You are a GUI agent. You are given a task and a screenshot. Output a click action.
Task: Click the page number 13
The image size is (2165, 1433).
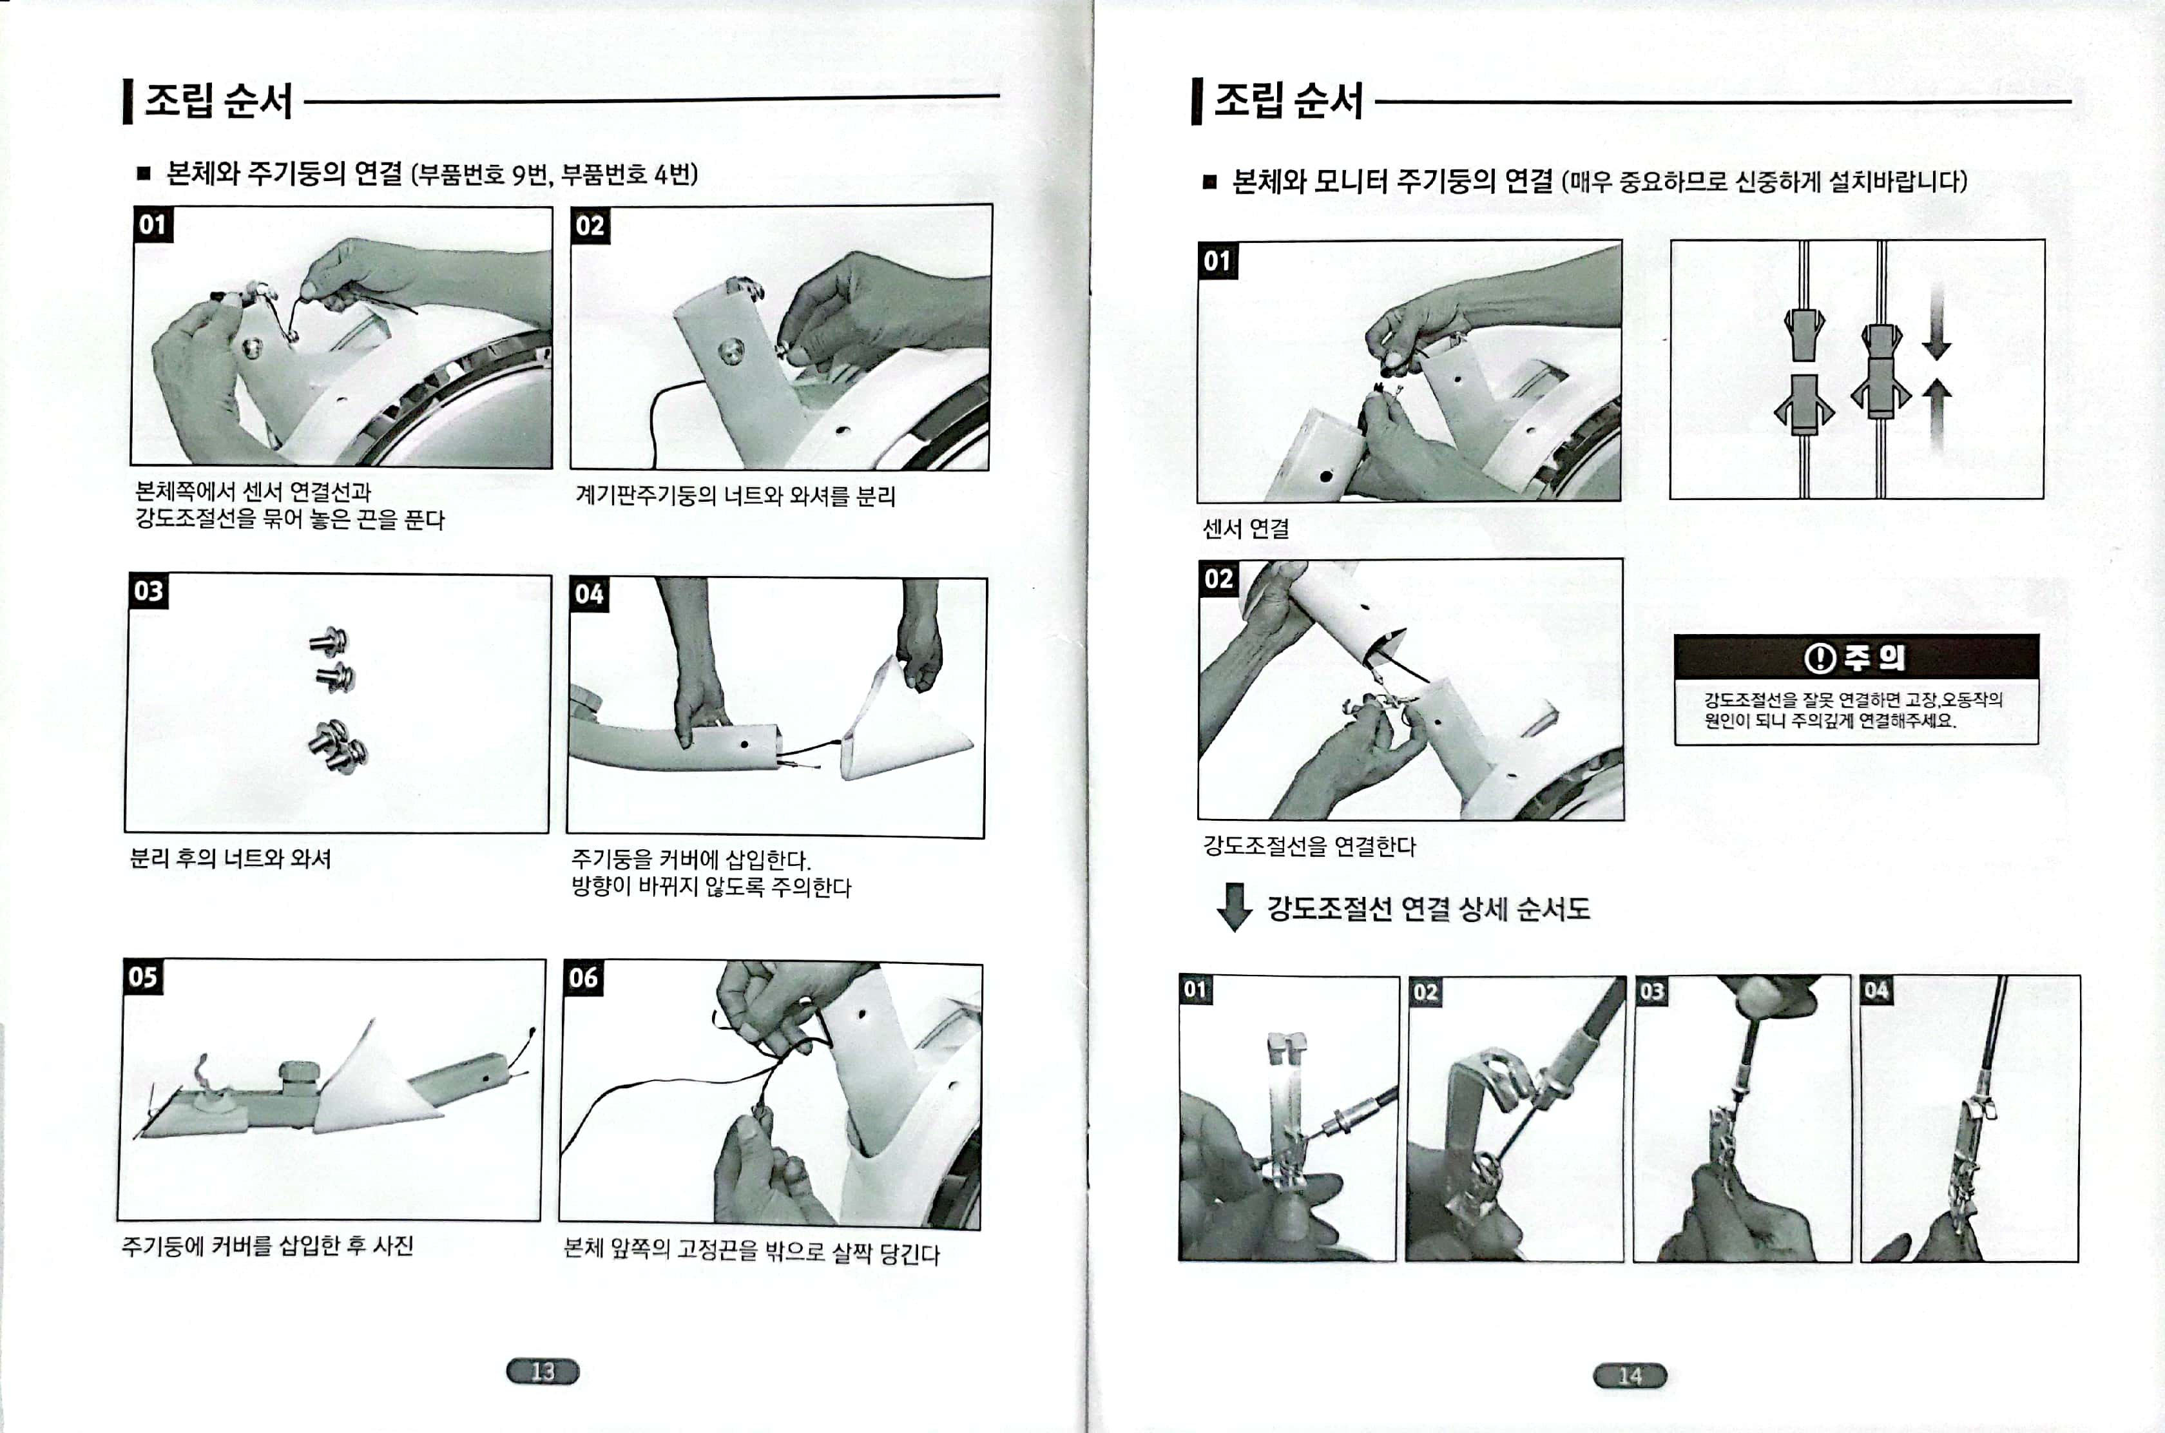pyautogui.click(x=543, y=1371)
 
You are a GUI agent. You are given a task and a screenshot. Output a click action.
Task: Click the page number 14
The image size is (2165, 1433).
pyautogui.click(x=1630, y=1376)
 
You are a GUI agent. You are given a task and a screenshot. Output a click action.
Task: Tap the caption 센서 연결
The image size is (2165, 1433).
pyautogui.click(x=1246, y=528)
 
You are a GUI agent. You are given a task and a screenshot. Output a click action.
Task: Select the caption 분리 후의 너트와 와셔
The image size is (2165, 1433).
pyautogui.click(x=230, y=858)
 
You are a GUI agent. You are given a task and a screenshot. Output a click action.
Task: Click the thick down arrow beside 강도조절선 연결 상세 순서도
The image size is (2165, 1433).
pyautogui.click(x=1234, y=907)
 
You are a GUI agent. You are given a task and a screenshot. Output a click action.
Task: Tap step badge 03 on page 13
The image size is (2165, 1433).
pyautogui.click(x=148, y=590)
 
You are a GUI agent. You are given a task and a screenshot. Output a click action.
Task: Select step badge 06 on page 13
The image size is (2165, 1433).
pyautogui.click(x=583, y=978)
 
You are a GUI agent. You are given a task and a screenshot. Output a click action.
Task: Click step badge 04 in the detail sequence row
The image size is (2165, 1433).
pyautogui.click(x=1875, y=990)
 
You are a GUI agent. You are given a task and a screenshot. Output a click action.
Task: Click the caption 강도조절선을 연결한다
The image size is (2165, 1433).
pyautogui.click(x=1309, y=846)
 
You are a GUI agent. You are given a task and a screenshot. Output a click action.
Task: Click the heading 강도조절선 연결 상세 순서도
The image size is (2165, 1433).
pyautogui.click(x=1429, y=909)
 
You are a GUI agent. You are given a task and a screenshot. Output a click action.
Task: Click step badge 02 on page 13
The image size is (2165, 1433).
pyautogui.click(x=590, y=226)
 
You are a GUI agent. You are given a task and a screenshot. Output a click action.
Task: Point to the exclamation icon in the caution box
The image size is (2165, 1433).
pyautogui.click(x=1820, y=657)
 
